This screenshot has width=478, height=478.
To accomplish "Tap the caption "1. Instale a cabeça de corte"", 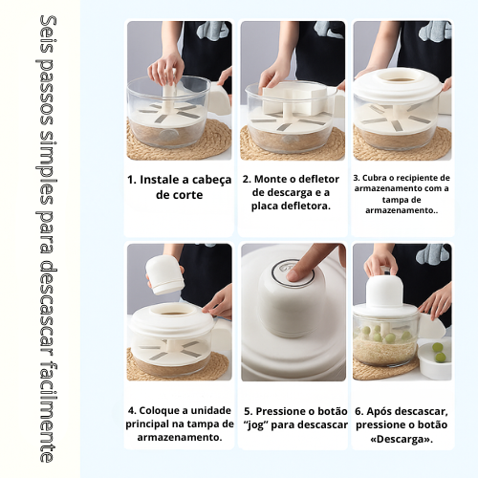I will (x=179, y=186).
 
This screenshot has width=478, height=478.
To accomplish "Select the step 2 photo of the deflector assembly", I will (x=292, y=91).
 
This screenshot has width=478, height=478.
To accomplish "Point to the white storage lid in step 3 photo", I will (x=400, y=84).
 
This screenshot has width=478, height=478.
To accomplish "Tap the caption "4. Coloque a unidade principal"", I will (x=179, y=424).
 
